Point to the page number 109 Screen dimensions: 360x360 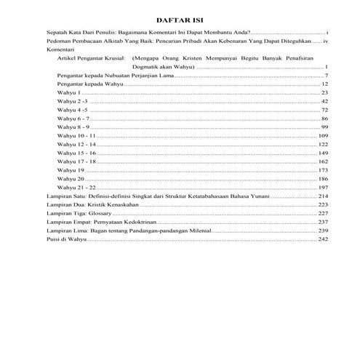[x=324, y=136]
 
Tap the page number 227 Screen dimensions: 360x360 [x=324, y=214]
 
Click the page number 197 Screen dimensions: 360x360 [x=324, y=188]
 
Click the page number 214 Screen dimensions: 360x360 [x=324, y=196]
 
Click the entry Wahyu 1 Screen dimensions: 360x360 [x=68, y=93]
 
